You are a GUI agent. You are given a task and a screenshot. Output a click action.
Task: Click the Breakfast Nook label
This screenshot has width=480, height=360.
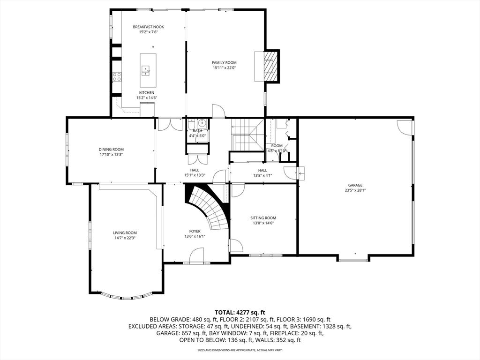pyautogui.click(x=148, y=27)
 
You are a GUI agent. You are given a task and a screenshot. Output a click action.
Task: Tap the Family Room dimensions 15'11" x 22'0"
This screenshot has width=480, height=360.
pyautogui.click(x=224, y=68)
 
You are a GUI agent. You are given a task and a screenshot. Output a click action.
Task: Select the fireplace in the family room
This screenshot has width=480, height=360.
pyautogui.click(x=269, y=65)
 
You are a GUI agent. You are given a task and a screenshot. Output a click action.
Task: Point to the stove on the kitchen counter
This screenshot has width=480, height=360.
pyautogui.click(x=117, y=76)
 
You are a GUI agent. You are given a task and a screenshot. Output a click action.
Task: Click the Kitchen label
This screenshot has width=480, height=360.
pyautogui.click(x=146, y=93)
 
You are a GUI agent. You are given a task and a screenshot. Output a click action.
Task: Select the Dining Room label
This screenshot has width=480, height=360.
pyautogui.click(x=111, y=149)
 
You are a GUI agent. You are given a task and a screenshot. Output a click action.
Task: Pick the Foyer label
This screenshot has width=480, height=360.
pyautogui.click(x=195, y=231)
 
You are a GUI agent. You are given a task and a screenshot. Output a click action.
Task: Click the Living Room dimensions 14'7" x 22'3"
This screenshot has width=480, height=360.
pyautogui.click(x=124, y=238)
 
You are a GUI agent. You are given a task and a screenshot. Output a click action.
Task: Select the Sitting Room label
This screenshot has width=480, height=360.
pyautogui.click(x=263, y=217)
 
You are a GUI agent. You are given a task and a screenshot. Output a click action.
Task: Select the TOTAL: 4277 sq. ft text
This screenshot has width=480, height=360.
pyautogui.click(x=240, y=312)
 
